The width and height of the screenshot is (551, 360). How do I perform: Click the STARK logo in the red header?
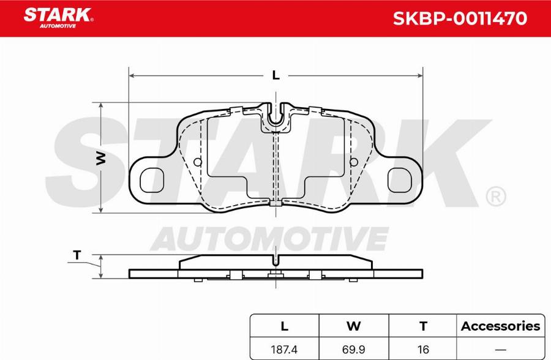(x=58, y=16)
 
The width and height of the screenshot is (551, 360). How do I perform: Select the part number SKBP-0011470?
(x=459, y=18)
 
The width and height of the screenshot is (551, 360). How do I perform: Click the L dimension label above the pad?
(x=275, y=75)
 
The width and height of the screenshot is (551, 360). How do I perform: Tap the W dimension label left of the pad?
(x=102, y=158)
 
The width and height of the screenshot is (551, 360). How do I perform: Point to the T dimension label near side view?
(x=77, y=255)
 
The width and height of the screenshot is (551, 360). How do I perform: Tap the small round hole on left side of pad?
(x=197, y=162)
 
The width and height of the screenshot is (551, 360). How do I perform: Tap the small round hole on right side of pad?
(x=353, y=162)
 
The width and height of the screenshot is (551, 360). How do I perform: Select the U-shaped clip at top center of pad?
(x=276, y=118)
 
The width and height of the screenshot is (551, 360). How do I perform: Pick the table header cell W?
(x=353, y=326)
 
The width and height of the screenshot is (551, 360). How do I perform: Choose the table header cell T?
(x=422, y=326)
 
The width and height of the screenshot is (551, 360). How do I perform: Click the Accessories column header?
(x=500, y=326)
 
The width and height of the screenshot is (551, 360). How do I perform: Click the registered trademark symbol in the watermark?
(x=495, y=197)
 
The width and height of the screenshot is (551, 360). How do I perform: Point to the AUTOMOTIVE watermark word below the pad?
(x=269, y=238)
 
